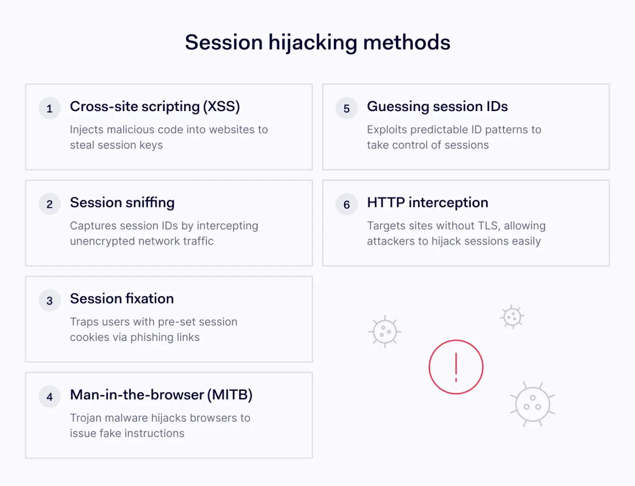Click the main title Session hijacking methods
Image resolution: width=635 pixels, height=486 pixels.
(x=317, y=43)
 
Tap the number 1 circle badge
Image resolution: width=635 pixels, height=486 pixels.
(x=50, y=109)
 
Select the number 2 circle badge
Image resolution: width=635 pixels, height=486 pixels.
(x=50, y=204)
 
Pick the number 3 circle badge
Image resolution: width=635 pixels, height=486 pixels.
(x=50, y=301)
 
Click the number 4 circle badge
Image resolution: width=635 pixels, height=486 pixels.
(x=50, y=397)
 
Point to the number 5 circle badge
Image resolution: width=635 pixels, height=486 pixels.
(x=347, y=109)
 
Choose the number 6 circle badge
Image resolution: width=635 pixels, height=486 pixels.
(x=347, y=204)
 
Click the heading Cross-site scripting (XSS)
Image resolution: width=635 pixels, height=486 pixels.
(x=155, y=107)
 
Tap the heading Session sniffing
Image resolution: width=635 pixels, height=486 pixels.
(x=122, y=203)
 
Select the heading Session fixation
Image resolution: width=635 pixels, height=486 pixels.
(x=122, y=299)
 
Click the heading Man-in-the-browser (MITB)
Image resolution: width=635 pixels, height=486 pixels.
(x=161, y=395)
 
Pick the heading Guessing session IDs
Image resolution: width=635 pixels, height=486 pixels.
(x=437, y=107)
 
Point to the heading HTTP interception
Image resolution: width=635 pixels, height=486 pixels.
(x=427, y=203)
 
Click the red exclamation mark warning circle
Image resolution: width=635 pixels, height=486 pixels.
(x=456, y=367)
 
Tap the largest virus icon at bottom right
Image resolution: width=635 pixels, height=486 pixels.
(x=532, y=404)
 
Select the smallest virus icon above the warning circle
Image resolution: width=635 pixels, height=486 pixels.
(x=512, y=317)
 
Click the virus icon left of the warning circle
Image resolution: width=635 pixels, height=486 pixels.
(x=384, y=331)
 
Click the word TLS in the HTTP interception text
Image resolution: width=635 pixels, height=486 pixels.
(x=488, y=226)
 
